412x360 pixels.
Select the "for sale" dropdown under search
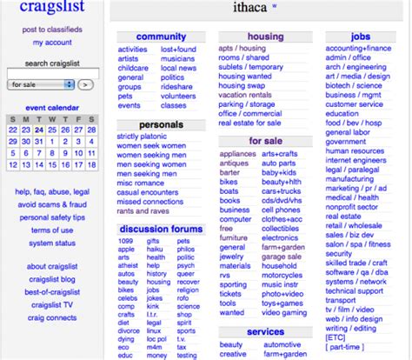pyautogui.click(x=40, y=85)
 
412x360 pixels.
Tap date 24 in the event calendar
pyautogui.click(x=40, y=130)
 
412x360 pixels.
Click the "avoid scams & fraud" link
pyautogui.click(x=52, y=204)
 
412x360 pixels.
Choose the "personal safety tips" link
pyautogui.click(x=52, y=217)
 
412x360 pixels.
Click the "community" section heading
pyautogui.click(x=162, y=37)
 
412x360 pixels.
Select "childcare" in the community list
pyautogui.click(x=133, y=69)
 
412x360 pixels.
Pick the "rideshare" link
pyautogui.click(x=177, y=87)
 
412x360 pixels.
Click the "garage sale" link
pyautogui.click(x=281, y=257)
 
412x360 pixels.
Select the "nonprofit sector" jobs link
pyautogui.click(x=358, y=206)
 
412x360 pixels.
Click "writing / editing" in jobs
pyautogui.click(x=357, y=328)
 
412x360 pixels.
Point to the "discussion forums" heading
pyautogui.click(x=162, y=229)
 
